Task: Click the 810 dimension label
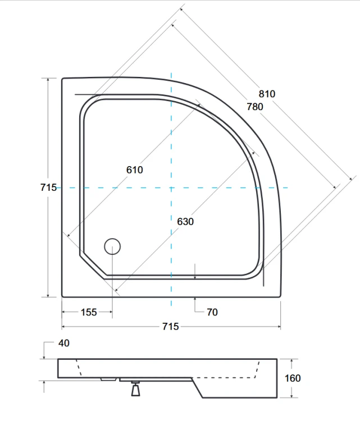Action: coord(267,94)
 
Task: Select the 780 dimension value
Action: coord(254,107)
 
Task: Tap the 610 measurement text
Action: coord(134,170)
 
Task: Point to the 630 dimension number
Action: coord(185,222)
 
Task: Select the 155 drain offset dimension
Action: coord(89,313)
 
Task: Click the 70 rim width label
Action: coord(212,313)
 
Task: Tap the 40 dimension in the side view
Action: coord(64,343)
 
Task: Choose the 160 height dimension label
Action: coord(293,378)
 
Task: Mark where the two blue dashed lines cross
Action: coord(171,187)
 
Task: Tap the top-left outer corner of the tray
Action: coord(62,79)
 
